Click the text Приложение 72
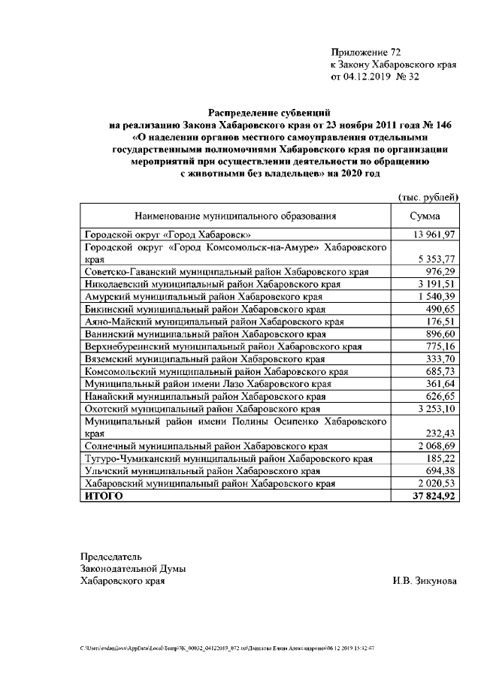366,52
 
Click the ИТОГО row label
104,496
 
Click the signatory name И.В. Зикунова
424,581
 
